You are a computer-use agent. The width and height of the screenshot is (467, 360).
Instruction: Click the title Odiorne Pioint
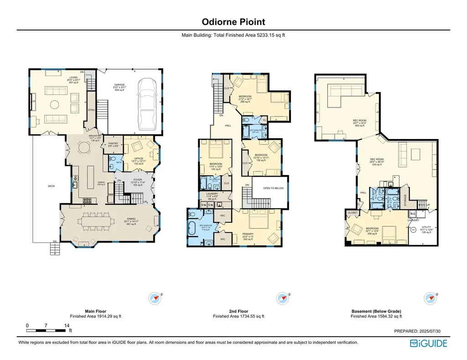click(x=233, y=22)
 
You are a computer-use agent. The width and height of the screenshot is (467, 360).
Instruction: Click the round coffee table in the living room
click(x=54, y=104)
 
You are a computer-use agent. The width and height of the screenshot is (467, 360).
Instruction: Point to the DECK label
click(x=51, y=186)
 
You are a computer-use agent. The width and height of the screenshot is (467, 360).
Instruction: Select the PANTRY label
click(x=113, y=144)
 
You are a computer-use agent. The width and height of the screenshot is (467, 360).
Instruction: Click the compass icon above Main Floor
click(x=156, y=298)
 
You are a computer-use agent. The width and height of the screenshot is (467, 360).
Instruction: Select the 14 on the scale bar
click(x=67, y=325)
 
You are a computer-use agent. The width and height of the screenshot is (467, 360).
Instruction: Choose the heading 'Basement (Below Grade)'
click(x=376, y=311)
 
